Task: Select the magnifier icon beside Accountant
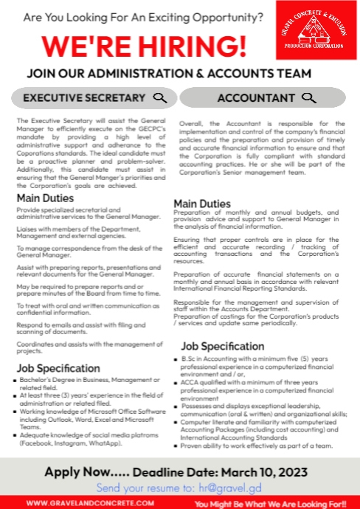pos(309,98)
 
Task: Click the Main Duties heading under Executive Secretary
pos(46,198)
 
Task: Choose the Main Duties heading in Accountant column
pos(202,204)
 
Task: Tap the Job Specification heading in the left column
pos(58,368)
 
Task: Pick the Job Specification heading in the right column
pos(223,345)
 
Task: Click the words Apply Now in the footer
pos(77,471)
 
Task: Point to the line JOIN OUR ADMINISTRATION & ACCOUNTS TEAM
pos(169,74)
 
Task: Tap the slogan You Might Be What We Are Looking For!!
pos(270,503)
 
